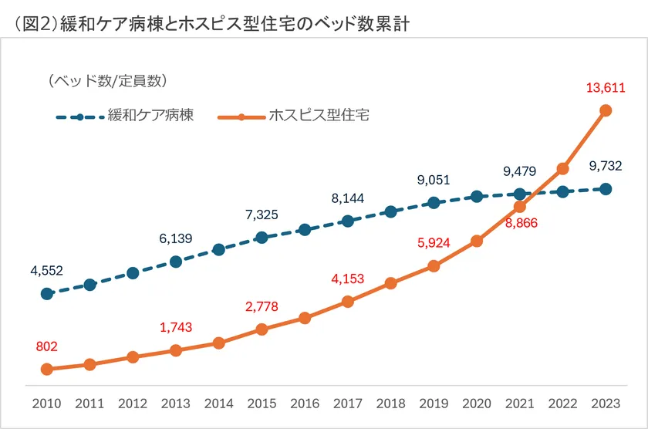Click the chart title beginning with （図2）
208,22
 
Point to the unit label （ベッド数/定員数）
107,80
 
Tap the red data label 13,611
606,87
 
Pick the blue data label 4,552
46,270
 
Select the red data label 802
46,346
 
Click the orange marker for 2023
606,110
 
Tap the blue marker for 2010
46,294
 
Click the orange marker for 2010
46,370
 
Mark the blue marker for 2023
606,189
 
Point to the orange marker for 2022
562,168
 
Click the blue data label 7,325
262,214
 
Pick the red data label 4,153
348,279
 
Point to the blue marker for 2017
348,221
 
